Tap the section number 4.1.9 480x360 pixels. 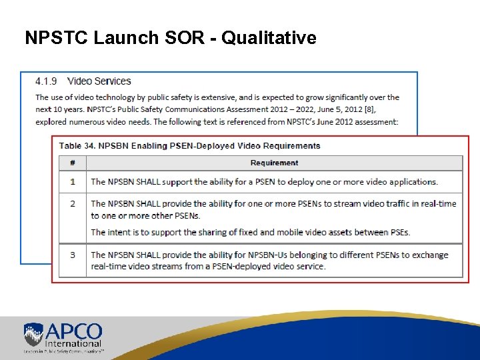(46, 81)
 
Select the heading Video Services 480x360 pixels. (99, 81)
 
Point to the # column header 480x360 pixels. (72, 163)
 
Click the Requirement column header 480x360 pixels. (274, 163)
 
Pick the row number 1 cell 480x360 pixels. (73, 181)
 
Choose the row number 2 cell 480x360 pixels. (73, 203)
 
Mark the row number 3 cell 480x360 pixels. (73, 255)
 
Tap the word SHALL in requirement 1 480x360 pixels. (150, 181)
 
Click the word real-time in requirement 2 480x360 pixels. (438, 203)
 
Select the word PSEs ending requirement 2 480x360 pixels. (397, 232)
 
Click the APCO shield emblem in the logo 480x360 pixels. (34, 334)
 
